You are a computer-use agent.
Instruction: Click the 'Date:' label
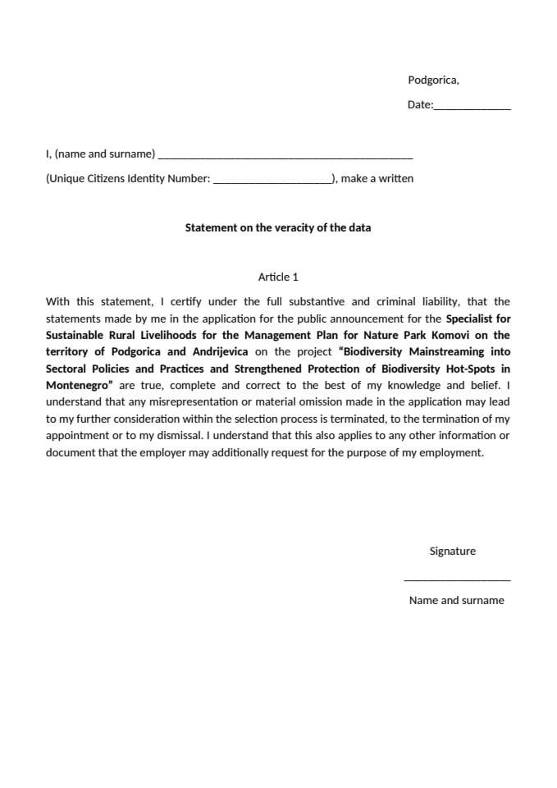coord(419,105)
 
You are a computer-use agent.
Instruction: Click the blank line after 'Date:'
coord(472,108)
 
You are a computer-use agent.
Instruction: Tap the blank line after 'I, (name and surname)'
coord(285,156)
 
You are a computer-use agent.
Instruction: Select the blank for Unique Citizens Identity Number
coord(272,181)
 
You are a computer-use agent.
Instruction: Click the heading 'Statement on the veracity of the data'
coord(277,227)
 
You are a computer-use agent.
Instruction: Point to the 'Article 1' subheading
coord(278,277)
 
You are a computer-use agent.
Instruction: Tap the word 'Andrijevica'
coord(219,351)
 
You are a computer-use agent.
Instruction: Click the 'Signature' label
coord(452,552)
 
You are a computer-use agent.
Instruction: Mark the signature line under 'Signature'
coord(457,580)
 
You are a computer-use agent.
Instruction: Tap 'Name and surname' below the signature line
coord(456,600)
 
